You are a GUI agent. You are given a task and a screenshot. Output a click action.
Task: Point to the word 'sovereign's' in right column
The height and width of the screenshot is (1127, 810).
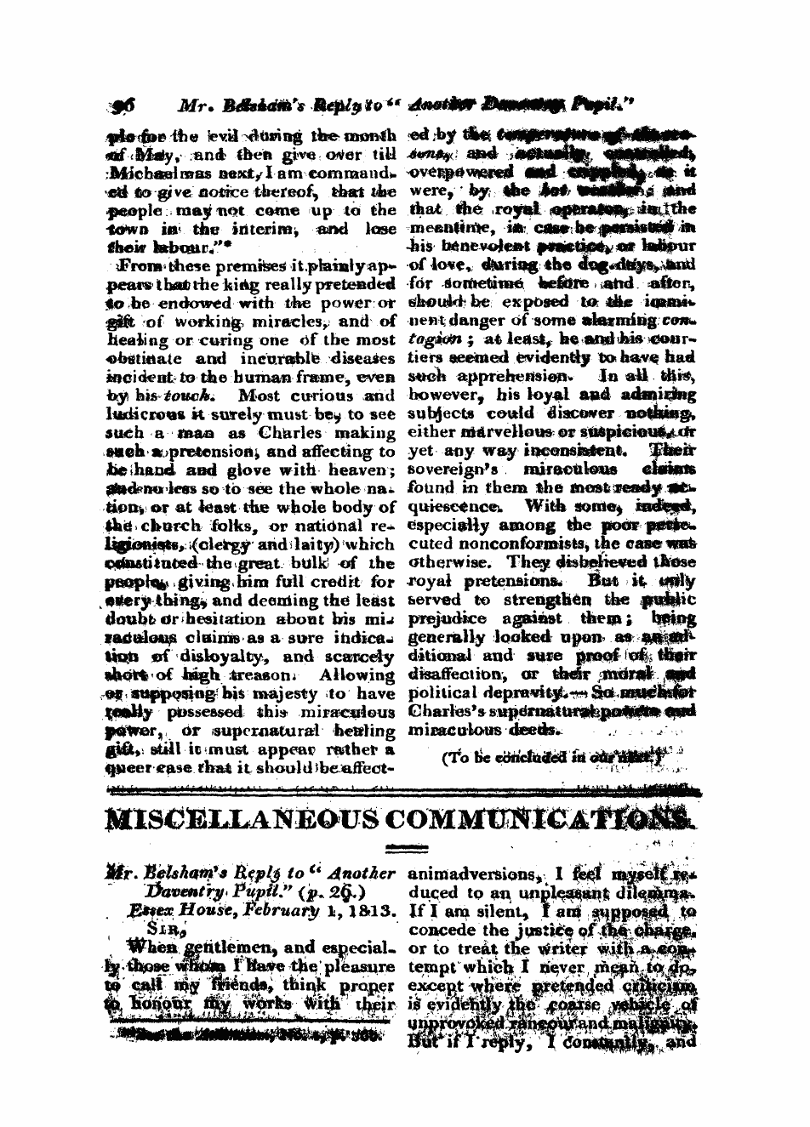coord(452,470)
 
